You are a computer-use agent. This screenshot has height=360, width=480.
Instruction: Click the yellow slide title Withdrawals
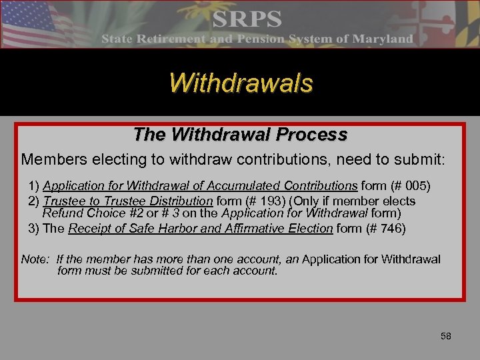pyautogui.click(x=241, y=83)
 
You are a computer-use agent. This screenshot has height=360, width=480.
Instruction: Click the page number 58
pyautogui.click(x=446, y=336)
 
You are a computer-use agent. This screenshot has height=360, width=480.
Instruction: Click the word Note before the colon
pyautogui.click(x=34, y=259)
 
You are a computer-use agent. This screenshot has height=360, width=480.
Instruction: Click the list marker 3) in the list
pyautogui.click(x=34, y=228)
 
